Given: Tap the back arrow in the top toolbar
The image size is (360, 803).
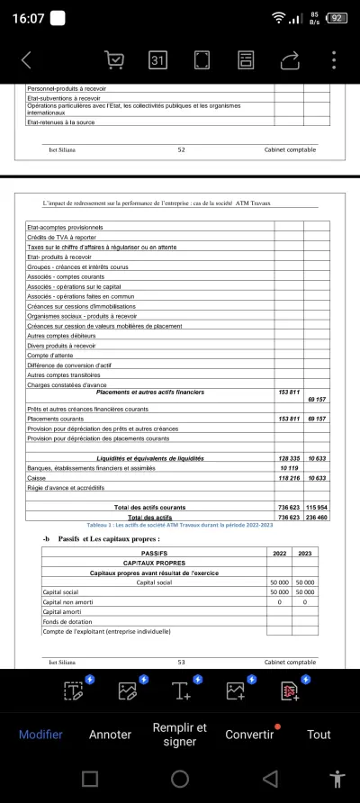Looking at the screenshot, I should [25, 60].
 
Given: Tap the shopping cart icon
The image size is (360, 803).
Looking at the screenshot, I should [114, 60].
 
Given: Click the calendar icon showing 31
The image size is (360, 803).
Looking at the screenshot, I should [157, 60].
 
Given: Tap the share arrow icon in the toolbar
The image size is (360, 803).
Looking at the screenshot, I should [290, 60].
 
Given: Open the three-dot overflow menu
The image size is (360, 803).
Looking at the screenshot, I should [334, 60].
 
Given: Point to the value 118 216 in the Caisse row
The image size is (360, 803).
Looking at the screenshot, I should [289, 479].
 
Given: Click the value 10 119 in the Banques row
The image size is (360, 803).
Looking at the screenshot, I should [289, 469].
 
